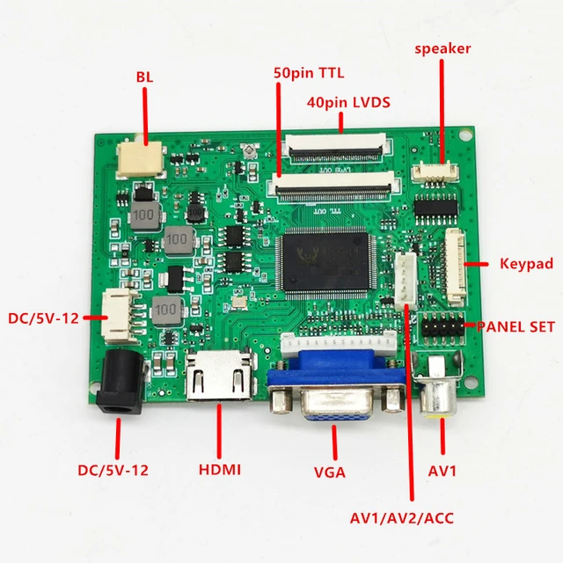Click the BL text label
(x=144, y=77)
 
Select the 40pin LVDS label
(x=348, y=102)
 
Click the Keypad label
(x=525, y=263)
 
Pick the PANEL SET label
(x=516, y=326)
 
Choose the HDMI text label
(x=219, y=471)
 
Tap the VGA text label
(x=330, y=473)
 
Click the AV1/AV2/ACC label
(x=413, y=517)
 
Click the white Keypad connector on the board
(x=457, y=261)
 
